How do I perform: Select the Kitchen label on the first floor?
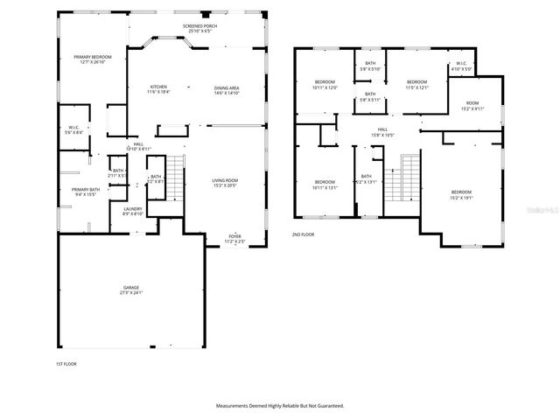click(x=158, y=88)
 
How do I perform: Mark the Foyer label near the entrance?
click(x=235, y=237)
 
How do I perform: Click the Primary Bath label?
click(x=86, y=192)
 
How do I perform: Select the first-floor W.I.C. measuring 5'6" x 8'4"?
click(x=74, y=130)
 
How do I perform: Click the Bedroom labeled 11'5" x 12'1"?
click(x=416, y=85)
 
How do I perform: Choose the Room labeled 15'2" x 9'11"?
click(x=472, y=106)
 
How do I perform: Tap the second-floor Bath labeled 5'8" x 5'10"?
click(x=369, y=66)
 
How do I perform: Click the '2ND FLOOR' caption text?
click(x=303, y=234)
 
